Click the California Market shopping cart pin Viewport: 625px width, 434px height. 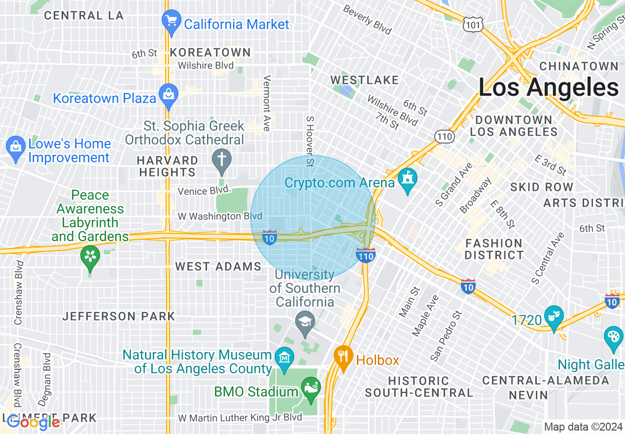172,22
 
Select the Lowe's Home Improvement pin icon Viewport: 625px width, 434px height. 16,148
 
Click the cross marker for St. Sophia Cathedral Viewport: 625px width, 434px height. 222,161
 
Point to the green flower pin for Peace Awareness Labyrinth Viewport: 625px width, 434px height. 90,257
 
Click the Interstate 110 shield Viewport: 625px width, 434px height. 366,255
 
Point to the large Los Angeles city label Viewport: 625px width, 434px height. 548,88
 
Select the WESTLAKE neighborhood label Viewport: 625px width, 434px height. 364,80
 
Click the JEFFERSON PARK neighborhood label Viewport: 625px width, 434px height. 118,316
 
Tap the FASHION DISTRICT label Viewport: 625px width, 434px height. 493,249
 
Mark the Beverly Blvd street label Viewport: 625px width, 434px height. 367,20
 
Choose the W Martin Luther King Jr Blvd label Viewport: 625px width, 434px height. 240,418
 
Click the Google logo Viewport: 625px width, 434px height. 33,422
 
